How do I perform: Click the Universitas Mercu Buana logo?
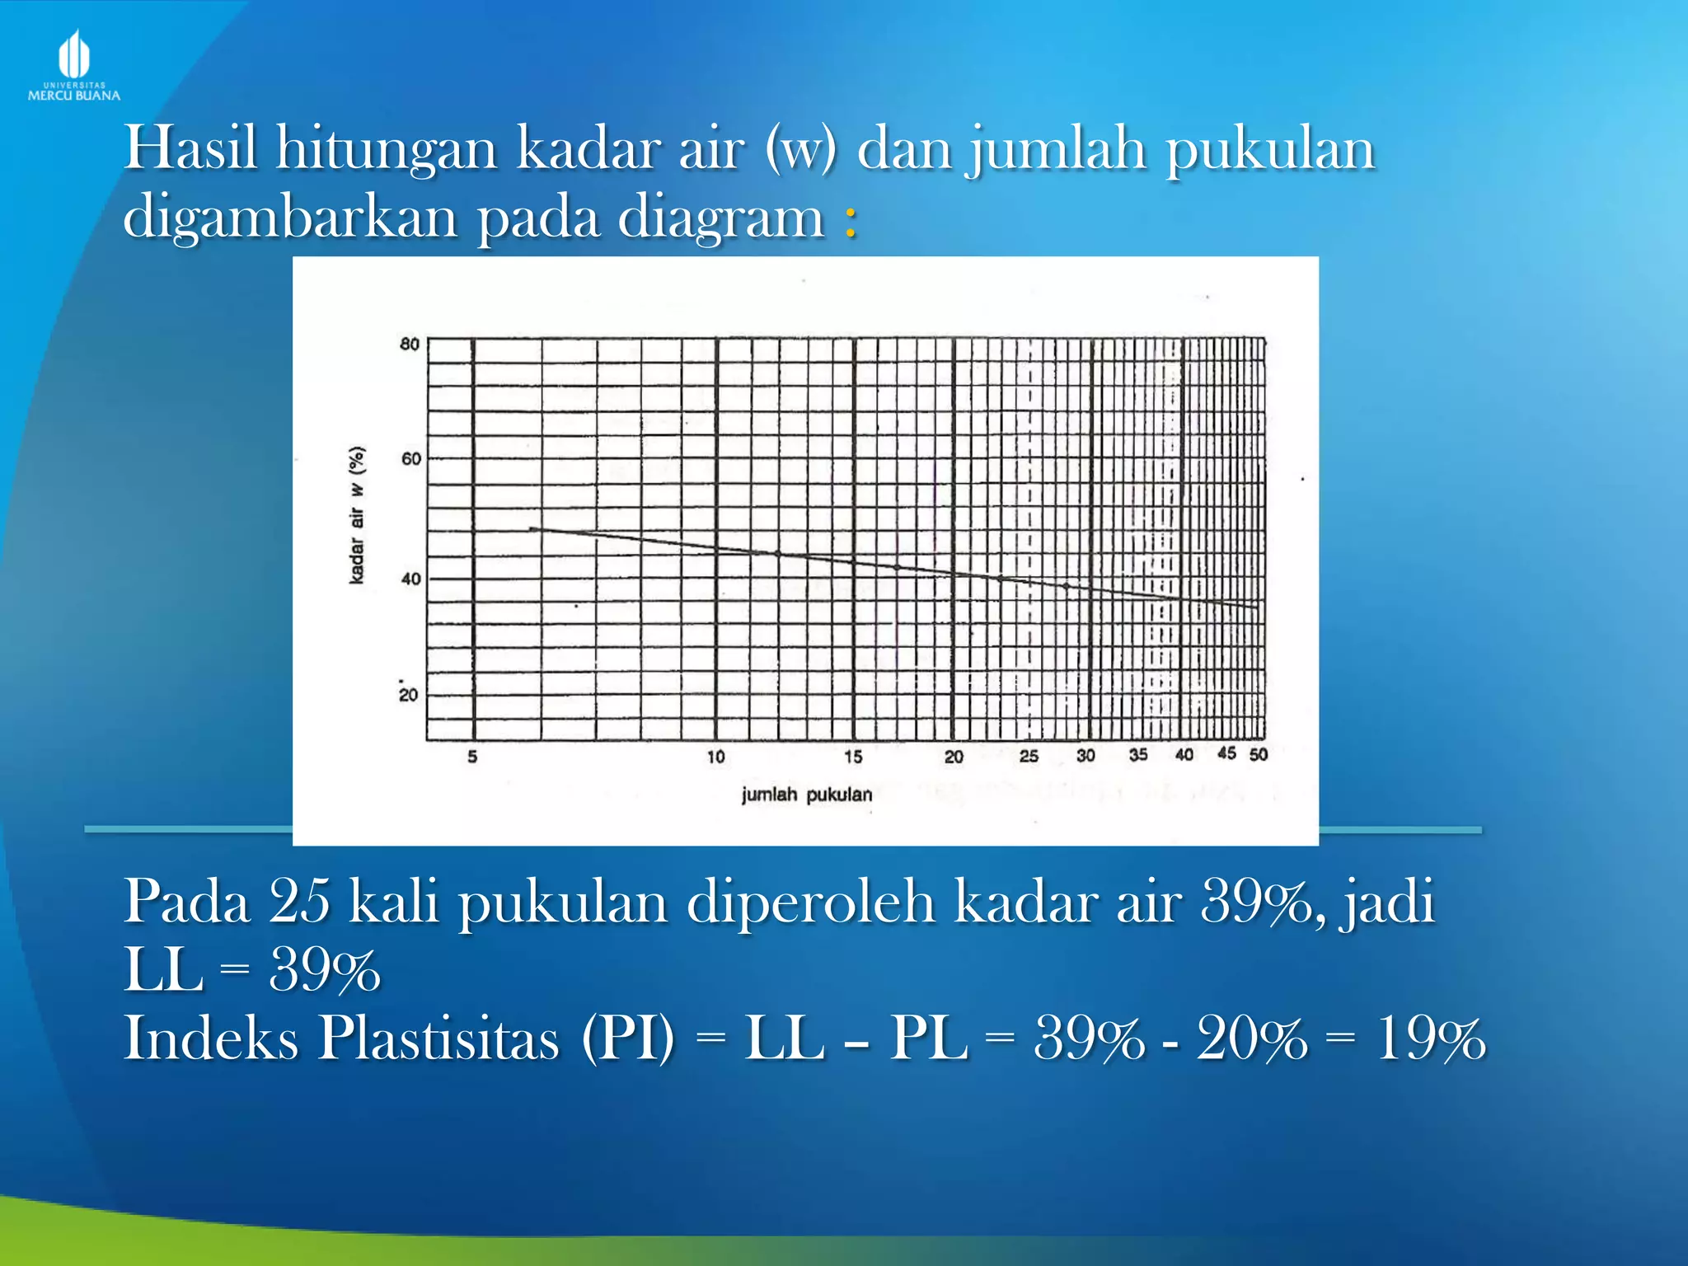point(74,66)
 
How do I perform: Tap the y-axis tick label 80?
point(410,344)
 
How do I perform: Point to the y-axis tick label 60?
point(410,458)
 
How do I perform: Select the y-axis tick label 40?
point(410,579)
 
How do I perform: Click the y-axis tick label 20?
point(409,695)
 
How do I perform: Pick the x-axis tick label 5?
point(472,757)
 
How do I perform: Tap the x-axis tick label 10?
point(715,757)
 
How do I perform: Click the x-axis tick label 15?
point(853,757)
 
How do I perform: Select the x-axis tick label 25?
point(1029,756)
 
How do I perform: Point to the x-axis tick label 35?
point(1138,755)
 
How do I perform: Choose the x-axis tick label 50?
point(1258,754)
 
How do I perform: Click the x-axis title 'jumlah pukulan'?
point(806,795)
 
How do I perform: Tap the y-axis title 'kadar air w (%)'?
point(357,516)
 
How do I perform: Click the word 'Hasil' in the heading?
point(190,148)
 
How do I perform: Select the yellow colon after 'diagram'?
point(851,221)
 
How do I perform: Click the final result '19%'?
point(1430,1039)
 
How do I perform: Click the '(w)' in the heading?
point(800,148)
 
